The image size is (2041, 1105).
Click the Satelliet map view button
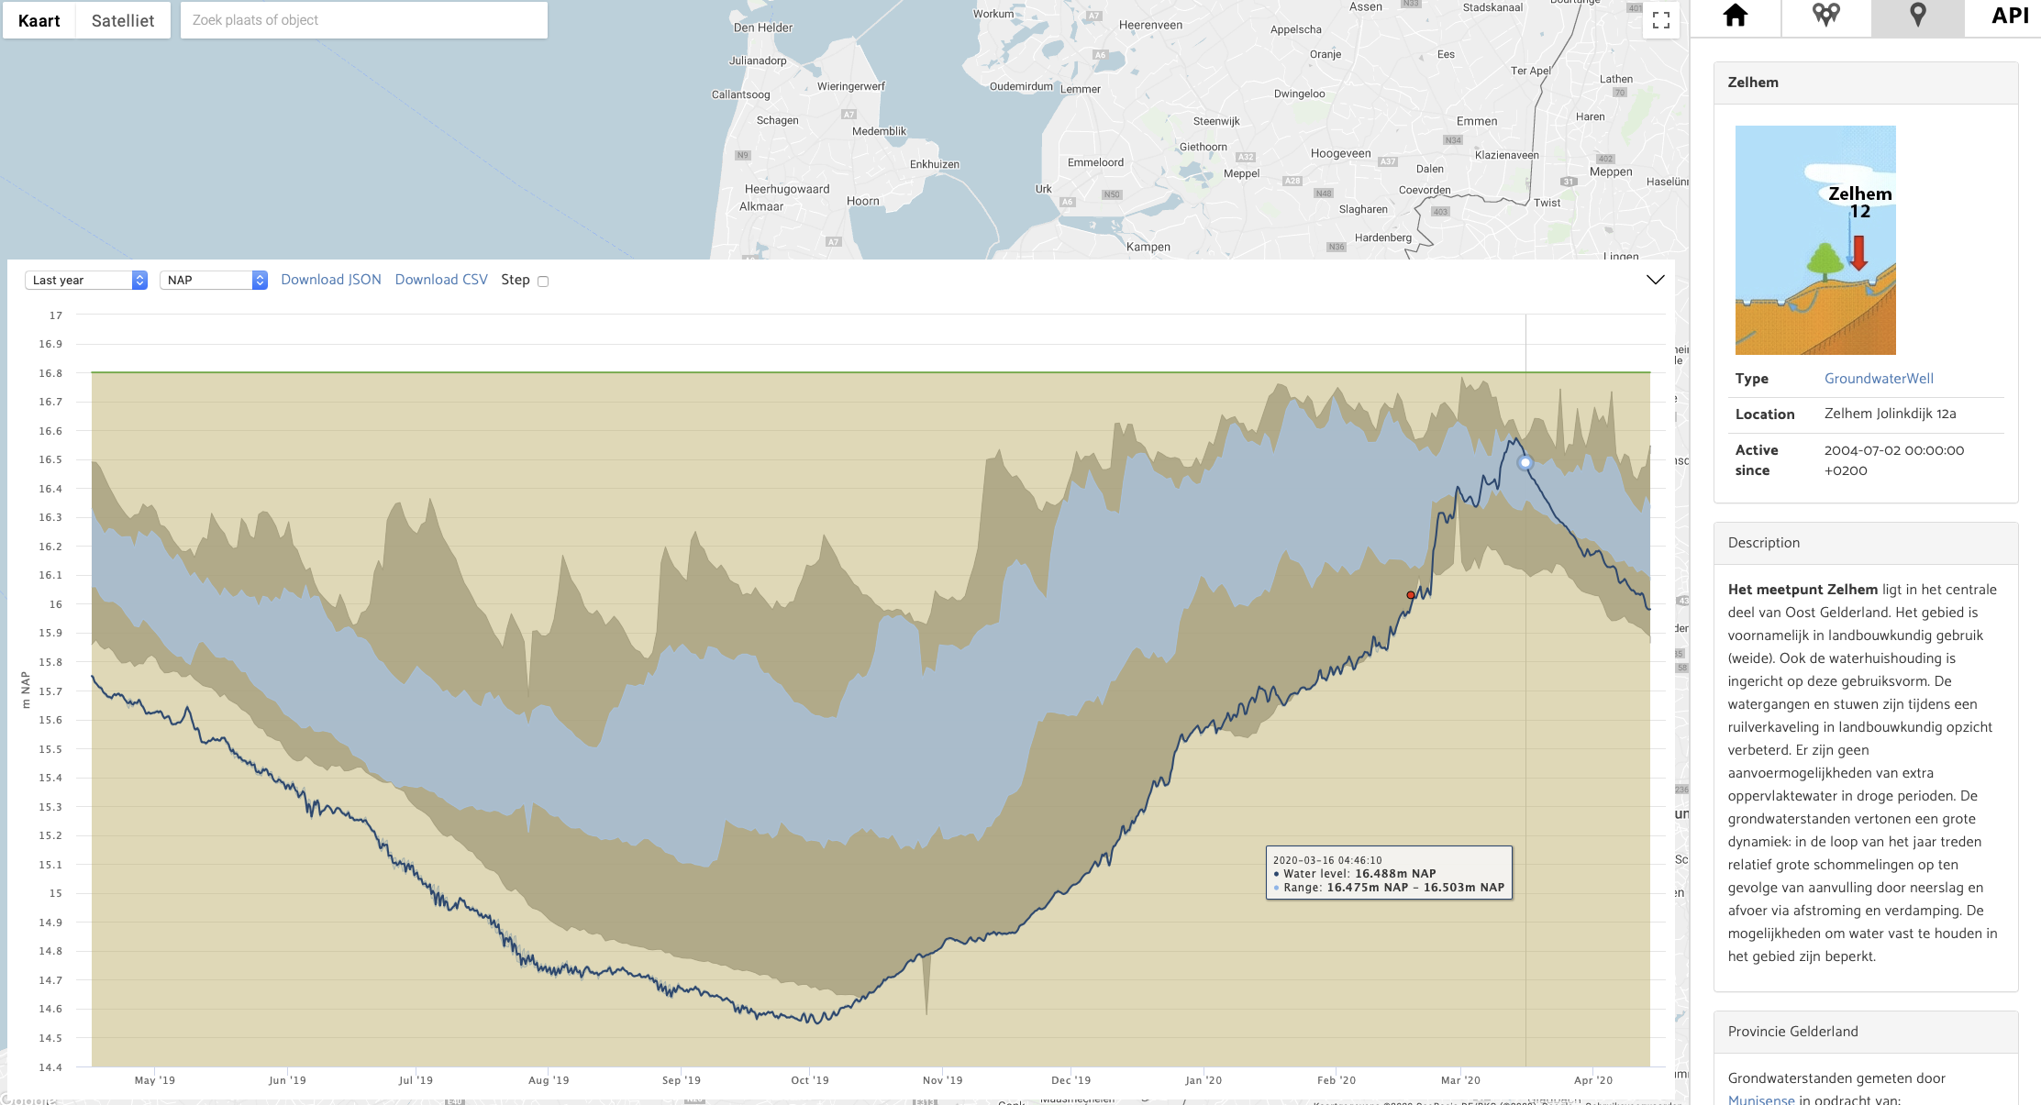(123, 20)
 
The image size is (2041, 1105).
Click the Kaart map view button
(39, 20)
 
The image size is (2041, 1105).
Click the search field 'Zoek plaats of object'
(363, 20)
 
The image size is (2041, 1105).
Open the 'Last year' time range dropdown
(86, 280)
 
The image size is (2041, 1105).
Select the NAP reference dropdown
(214, 280)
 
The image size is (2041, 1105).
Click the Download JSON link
(331, 280)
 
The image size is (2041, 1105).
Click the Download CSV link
(441, 280)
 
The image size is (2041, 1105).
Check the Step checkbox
(543, 282)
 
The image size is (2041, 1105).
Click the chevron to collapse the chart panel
(1655, 280)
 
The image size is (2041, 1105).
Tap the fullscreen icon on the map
(1660, 20)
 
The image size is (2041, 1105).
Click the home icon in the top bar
(1736, 16)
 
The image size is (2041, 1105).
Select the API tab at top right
(2010, 16)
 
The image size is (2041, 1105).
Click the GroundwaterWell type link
(1879, 379)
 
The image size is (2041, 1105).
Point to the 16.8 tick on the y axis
(51, 373)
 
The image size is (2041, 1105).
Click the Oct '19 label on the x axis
(810, 1080)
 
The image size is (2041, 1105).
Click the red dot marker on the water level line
(1411, 595)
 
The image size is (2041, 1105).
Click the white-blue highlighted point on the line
(1525, 463)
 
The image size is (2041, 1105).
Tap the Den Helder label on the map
(763, 28)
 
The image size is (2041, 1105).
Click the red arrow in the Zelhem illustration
(1858, 253)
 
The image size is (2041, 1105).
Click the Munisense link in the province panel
(1761, 1099)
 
